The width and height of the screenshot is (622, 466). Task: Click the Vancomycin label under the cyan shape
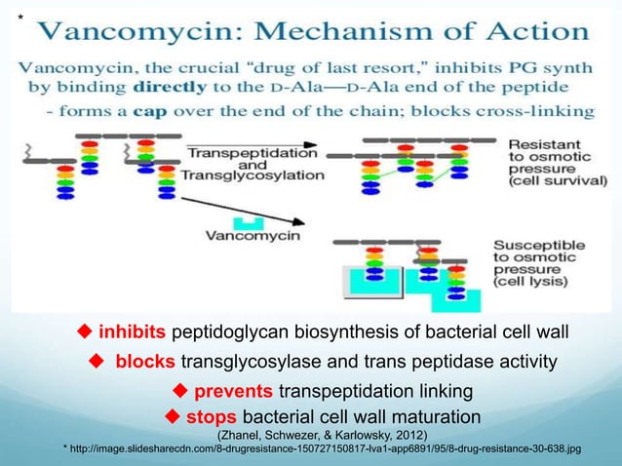[251, 235]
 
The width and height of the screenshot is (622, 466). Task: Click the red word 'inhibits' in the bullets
[133, 335]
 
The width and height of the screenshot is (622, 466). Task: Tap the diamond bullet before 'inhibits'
[85, 335]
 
